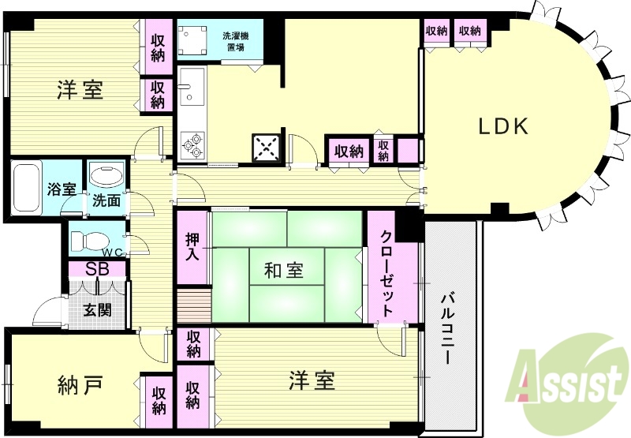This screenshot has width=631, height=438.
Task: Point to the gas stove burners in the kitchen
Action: point(192,142)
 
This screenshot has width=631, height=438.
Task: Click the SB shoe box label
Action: point(98,268)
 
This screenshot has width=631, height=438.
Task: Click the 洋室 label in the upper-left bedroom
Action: point(80,91)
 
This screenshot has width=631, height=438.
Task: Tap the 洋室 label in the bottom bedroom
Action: point(311,380)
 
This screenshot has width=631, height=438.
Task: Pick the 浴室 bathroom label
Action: point(61,189)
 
